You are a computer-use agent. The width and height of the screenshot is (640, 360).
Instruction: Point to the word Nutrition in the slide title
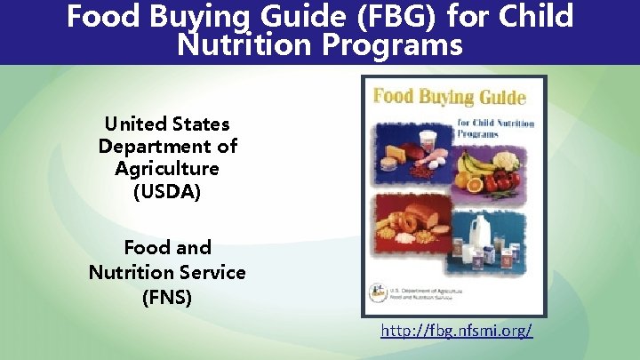point(244,44)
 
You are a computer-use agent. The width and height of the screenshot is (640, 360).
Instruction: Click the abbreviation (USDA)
point(167,190)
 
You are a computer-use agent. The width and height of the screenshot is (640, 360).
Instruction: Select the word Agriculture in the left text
point(167,168)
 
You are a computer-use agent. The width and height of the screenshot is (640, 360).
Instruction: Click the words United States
point(167,124)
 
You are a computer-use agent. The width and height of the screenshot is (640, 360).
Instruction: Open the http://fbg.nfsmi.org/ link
point(457,332)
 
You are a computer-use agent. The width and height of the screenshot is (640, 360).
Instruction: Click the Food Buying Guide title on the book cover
point(450,97)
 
